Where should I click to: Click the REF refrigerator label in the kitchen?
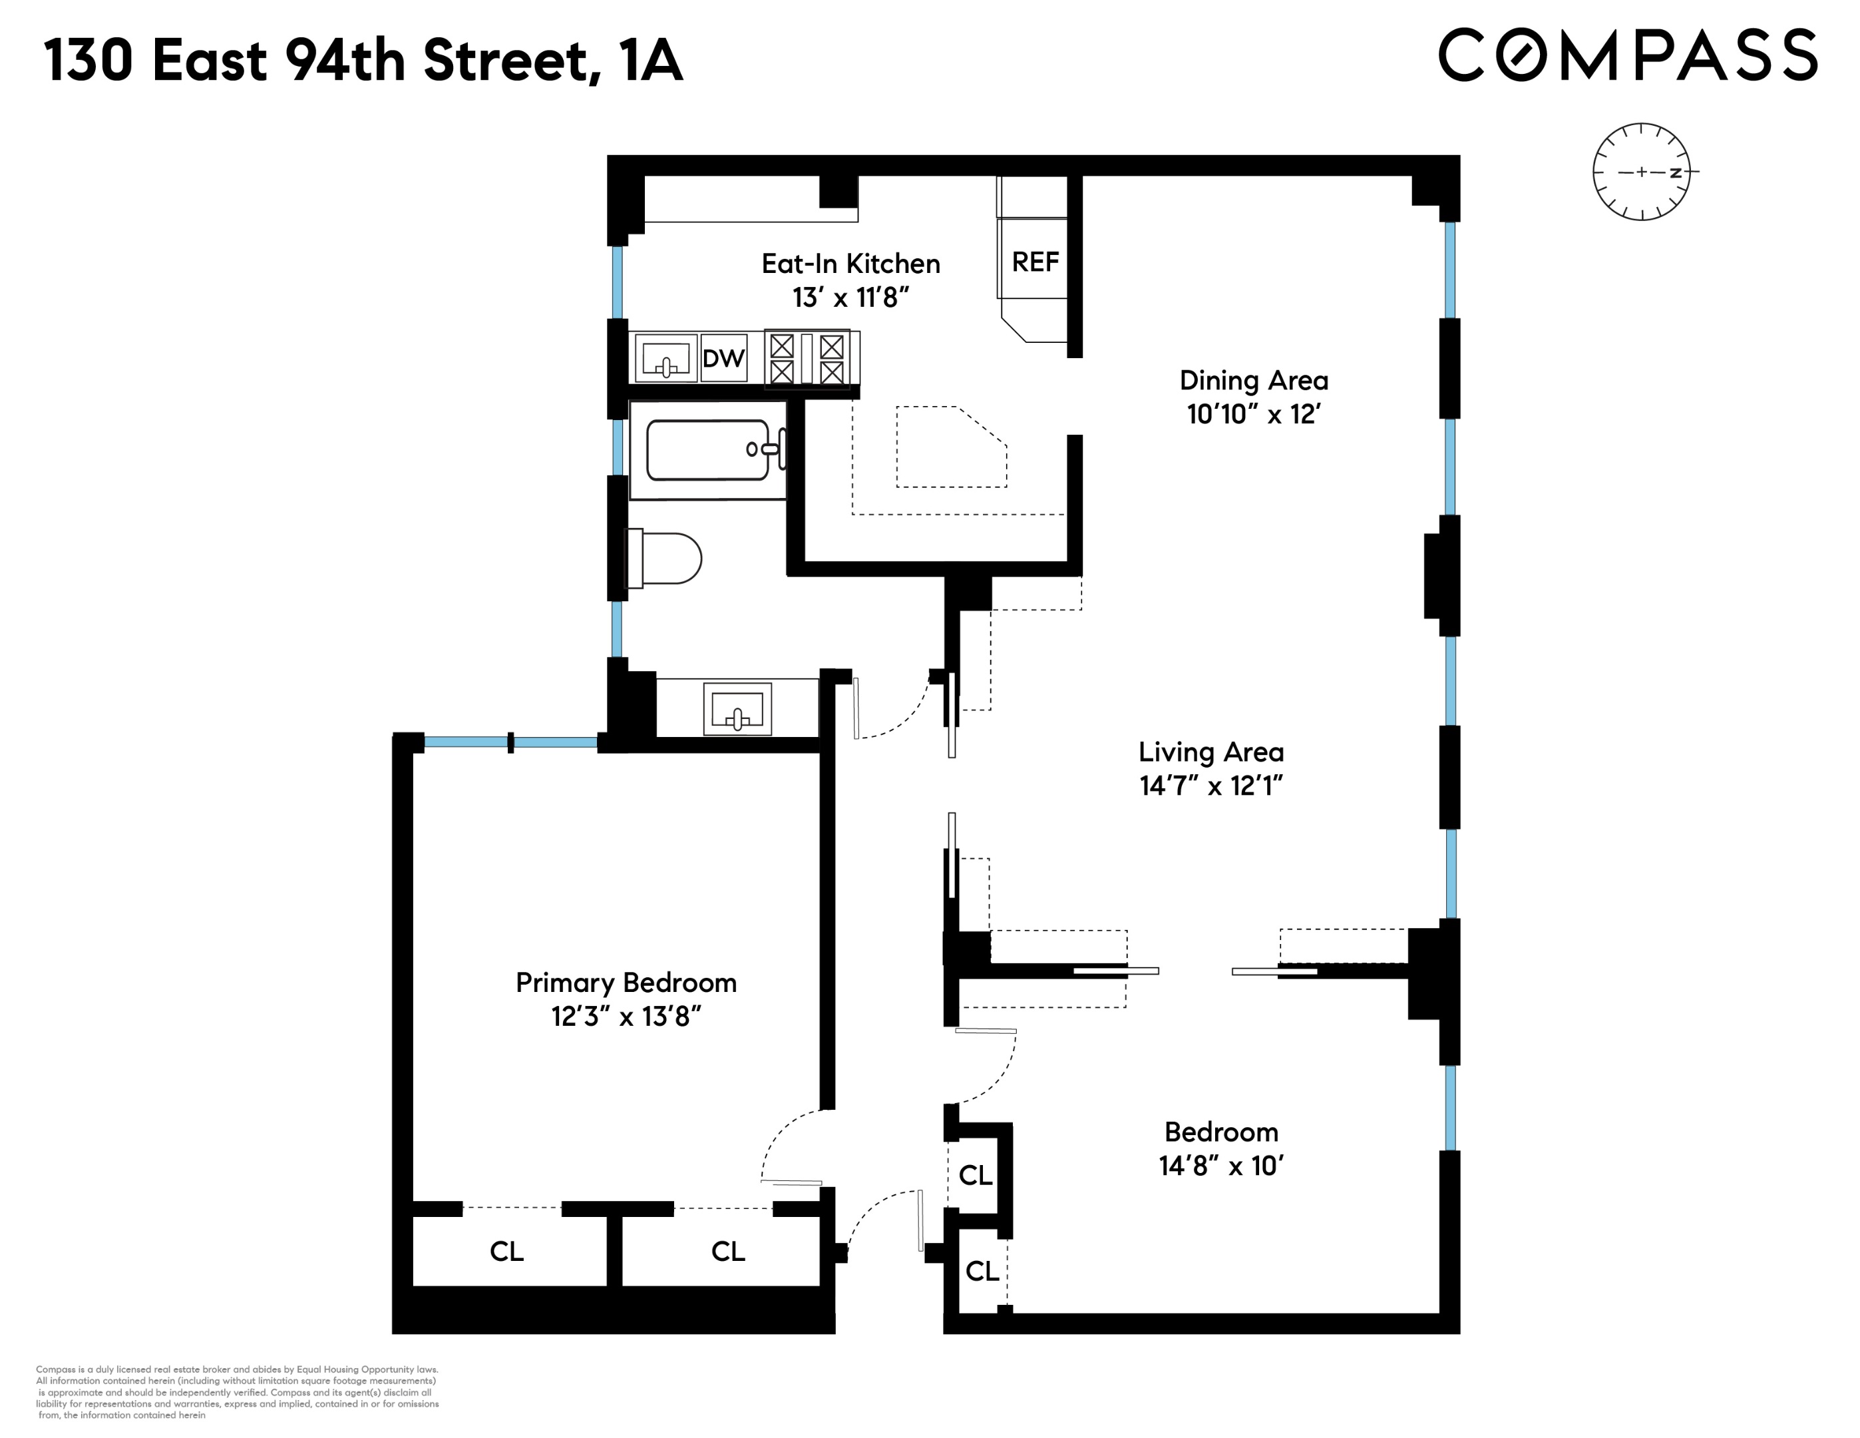(x=1035, y=262)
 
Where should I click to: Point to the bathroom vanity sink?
(x=737, y=709)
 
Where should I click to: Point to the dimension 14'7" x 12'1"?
(x=1211, y=786)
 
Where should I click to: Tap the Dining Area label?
(x=1254, y=380)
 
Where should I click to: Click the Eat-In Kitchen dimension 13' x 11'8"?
(x=850, y=298)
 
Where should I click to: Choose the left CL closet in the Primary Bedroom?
(x=506, y=1250)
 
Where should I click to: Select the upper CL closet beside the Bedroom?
(x=975, y=1176)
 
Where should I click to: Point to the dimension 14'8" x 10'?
(x=1220, y=1166)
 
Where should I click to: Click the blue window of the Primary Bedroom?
(x=511, y=743)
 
